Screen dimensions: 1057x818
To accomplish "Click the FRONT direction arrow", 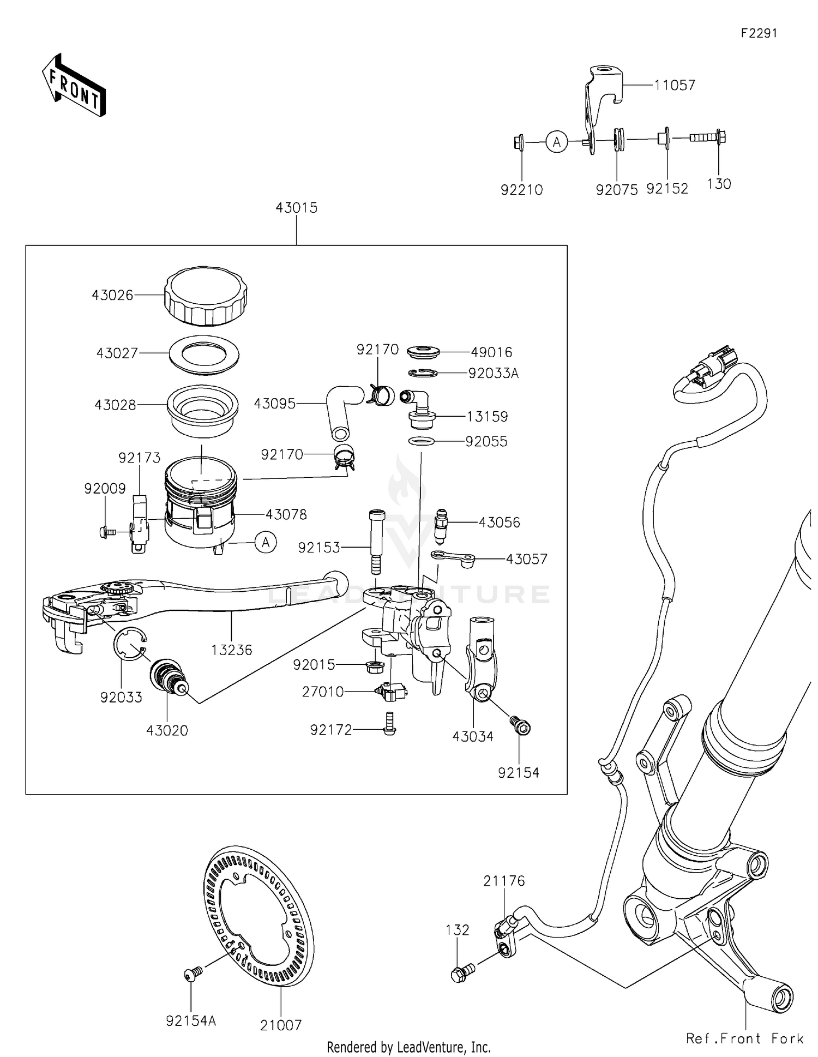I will (74, 86).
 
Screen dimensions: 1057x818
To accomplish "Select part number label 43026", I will (112, 296).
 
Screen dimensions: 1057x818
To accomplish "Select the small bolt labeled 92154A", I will (193, 972).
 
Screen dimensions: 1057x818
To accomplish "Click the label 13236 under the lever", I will (232, 650).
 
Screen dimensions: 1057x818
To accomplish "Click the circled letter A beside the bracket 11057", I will (557, 142).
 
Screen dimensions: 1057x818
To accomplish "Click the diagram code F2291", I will (759, 33).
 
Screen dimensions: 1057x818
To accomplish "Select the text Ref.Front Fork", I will (744, 1038).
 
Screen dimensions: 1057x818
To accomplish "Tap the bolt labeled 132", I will (461, 973).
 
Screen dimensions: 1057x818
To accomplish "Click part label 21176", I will (503, 881).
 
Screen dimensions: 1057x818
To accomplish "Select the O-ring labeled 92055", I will (421, 441).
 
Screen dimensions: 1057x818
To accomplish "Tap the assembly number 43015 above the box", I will (296, 208).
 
